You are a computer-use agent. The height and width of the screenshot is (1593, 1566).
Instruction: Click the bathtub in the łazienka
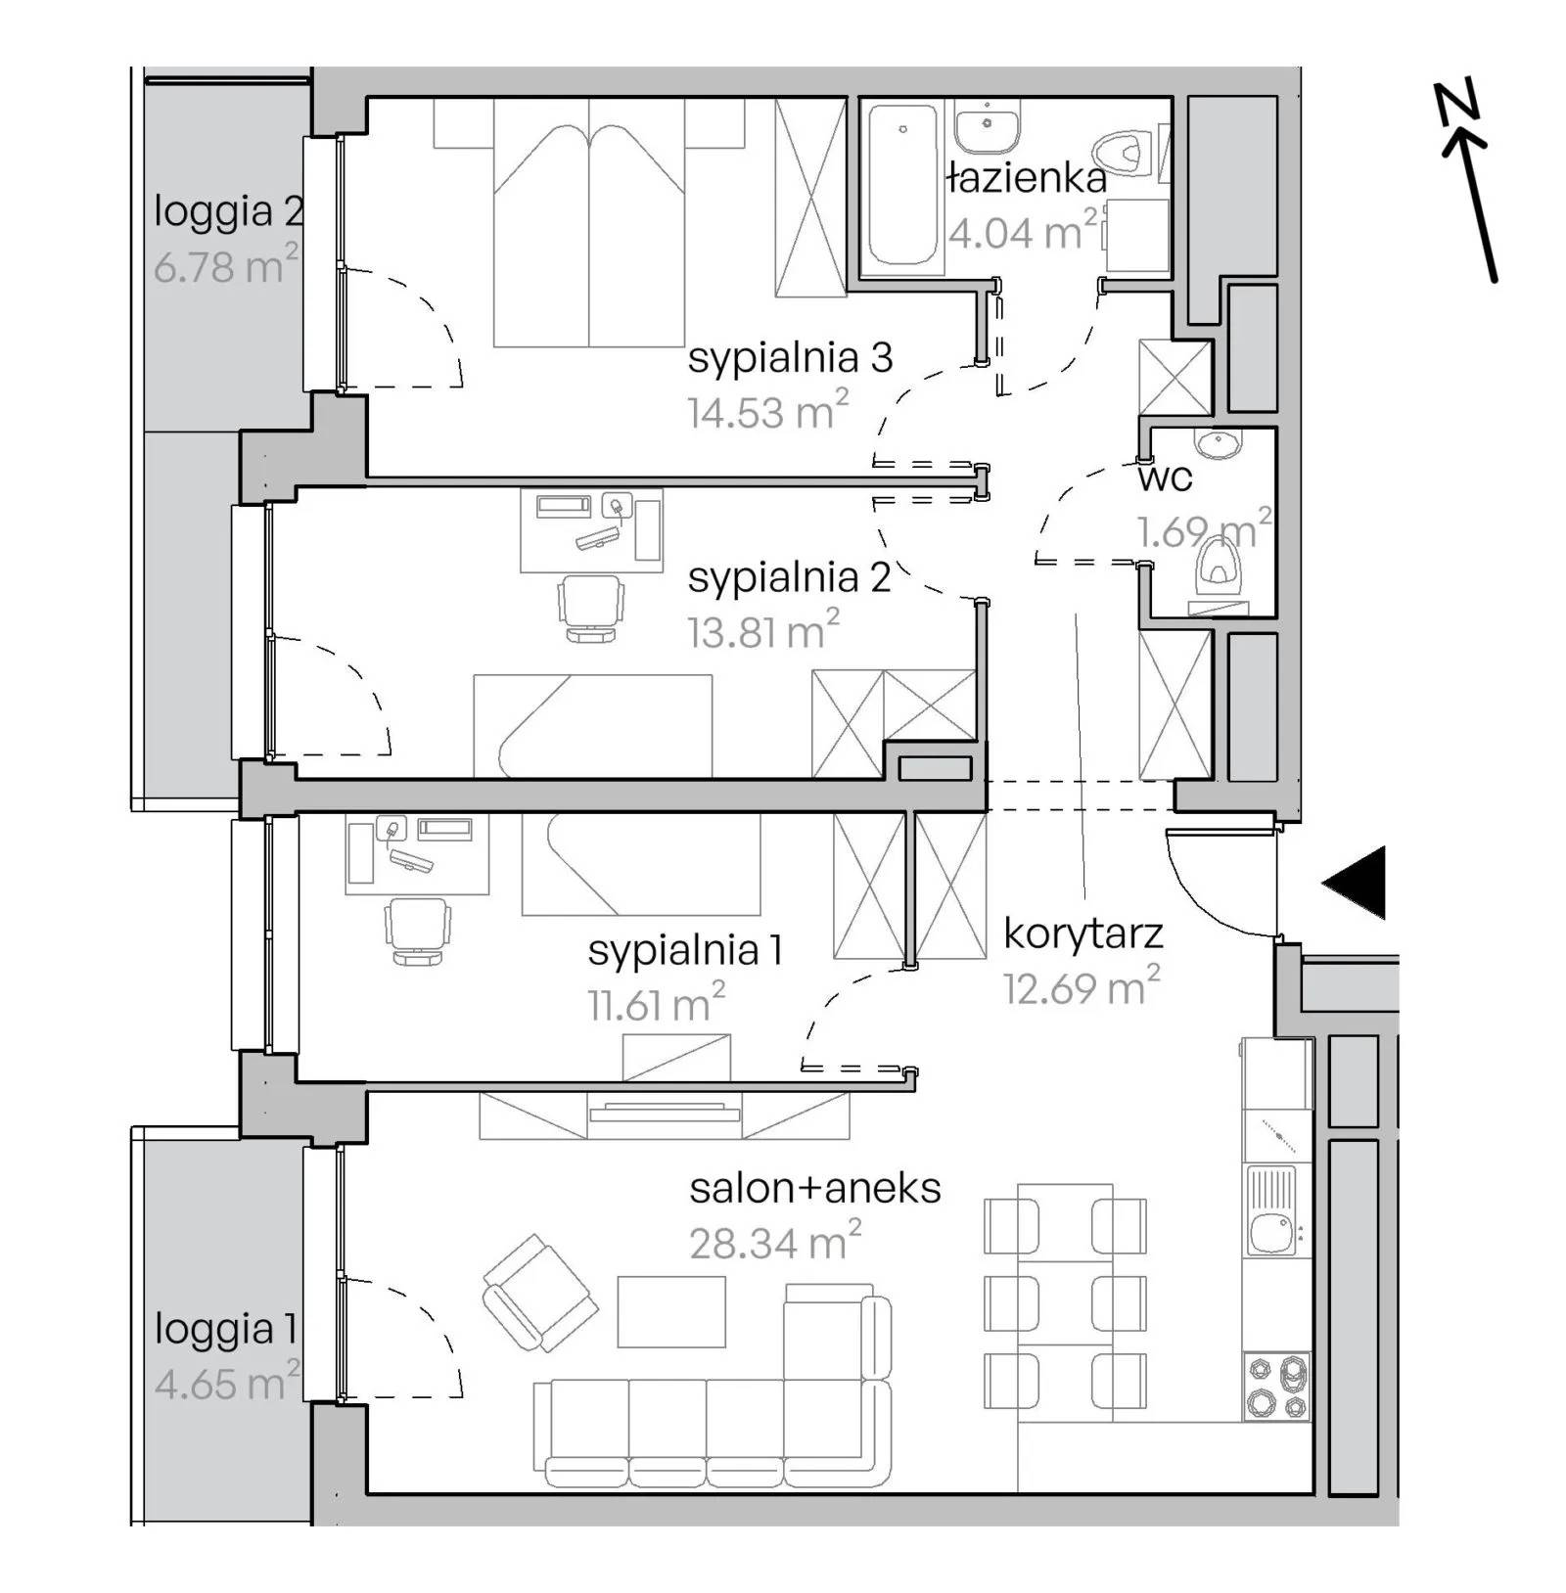click(902, 185)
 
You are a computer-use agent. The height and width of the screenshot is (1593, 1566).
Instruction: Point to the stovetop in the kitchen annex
click(1277, 1387)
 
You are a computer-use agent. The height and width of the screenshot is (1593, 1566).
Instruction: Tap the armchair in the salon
click(539, 1293)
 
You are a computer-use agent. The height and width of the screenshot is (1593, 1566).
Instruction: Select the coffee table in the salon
click(671, 1311)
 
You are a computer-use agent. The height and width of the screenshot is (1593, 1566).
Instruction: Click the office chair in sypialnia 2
click(590, 608)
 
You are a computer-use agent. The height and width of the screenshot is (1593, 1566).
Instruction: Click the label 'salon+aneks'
click(815, 1189)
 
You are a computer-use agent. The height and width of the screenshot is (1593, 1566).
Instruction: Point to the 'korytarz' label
click(1083, 935)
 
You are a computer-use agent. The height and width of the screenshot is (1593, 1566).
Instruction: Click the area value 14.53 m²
click(767, 411)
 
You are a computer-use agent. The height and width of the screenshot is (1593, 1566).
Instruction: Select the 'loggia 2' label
click(229, 211)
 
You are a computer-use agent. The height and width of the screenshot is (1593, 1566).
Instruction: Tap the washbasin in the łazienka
click(989, 127)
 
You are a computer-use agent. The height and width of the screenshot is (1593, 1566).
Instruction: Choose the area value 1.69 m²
click(1205, 530)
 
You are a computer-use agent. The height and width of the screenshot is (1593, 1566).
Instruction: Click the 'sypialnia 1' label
click(685, 951)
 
